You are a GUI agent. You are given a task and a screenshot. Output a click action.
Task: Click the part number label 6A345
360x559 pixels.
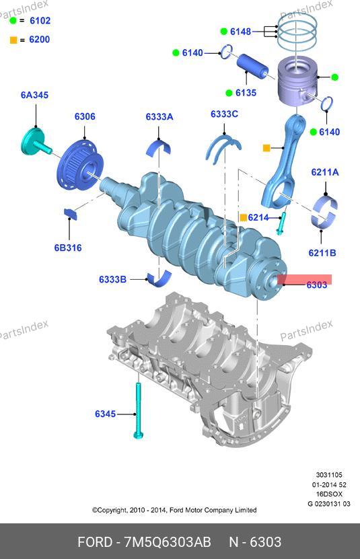pyautogui.click(x=34, y=96)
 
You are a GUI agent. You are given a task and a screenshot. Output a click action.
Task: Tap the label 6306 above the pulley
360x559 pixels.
pyautogui.click(x=85, y=116)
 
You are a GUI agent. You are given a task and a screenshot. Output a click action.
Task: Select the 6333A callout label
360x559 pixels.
pyautogui.click(x=159, y=117)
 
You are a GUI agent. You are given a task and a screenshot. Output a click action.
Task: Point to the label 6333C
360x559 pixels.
pyautogui.click(x=224, y=114)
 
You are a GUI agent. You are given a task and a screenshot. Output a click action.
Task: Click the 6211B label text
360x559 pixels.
pyautogui.click(x=322, y=253)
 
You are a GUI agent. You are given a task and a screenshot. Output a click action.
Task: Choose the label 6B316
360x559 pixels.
pyautogui.click(x=68, y=248)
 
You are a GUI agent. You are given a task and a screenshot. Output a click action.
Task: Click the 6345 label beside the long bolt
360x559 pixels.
pyautogui.click(x=105, y=414)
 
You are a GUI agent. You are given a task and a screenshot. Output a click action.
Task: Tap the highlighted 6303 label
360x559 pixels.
pyautogui.click(x=316, y=285)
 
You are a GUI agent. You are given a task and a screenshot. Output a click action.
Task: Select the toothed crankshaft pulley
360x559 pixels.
pyautogui.click(x=80, y=166)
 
